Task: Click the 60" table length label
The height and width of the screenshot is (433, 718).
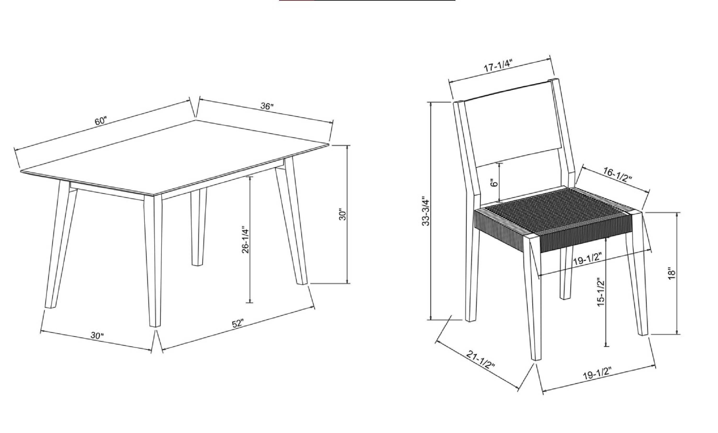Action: pyautogui.click(x=101, y=121)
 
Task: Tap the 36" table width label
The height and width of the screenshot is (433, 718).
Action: pyautogui.click(x=267, y=106)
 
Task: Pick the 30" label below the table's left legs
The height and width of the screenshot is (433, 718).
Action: pyautogui.click(x=97, y=335)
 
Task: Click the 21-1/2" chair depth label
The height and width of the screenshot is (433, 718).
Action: pyautogui.click(x=481, y=359)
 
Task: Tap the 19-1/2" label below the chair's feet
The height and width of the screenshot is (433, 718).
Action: pyautogui.click(x=597, y=374)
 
